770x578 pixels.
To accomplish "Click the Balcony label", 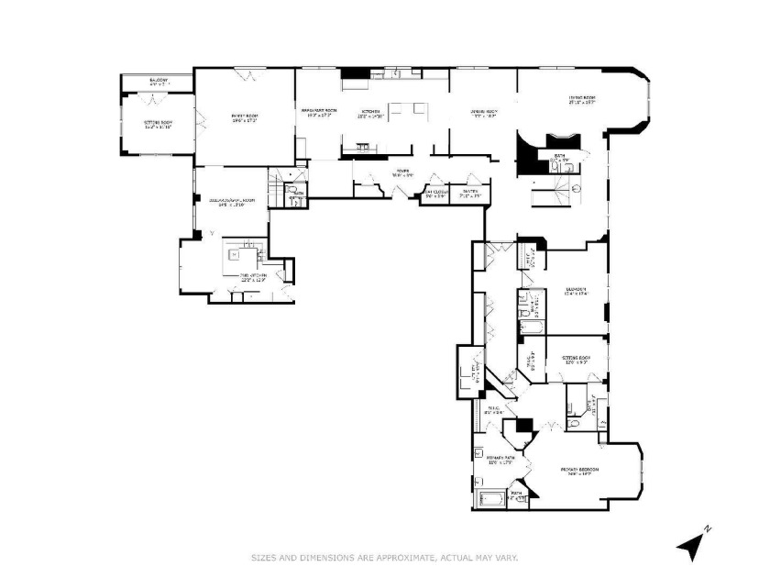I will point(158,81).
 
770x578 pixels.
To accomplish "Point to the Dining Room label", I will point(483,111).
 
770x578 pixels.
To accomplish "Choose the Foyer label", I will point(401,170).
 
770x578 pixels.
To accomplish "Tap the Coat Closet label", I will point(434,192).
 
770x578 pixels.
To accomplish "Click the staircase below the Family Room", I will point(277,195).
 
